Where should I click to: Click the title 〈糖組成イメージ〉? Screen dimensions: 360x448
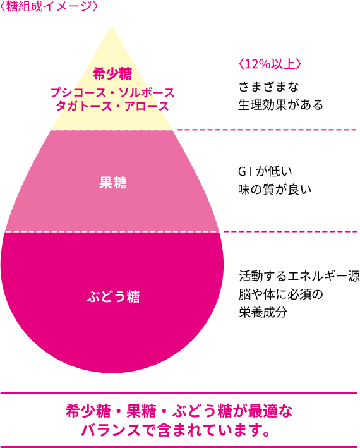click(x=49, y=7)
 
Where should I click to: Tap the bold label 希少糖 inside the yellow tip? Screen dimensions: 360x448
click(x=112, y=74)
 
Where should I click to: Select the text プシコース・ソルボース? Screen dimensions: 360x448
click(x=112, y=93)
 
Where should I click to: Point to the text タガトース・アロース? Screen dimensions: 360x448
click(x=112, y=106)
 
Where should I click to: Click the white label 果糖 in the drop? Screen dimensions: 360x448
click(x=113, y=182)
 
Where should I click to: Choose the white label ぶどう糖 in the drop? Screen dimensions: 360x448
click(x=113, y=296)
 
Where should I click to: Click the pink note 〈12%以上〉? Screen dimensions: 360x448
click(x=270, y=64)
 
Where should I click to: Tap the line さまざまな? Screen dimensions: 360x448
click(x=268, y=87)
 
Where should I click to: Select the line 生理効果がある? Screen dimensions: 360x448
click(x=280, y=105)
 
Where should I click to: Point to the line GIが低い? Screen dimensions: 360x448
click(x=265, y=171)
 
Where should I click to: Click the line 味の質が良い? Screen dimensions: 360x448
click(x=275, y=190)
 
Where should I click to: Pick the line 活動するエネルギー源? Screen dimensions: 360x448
click(x=299, y=276)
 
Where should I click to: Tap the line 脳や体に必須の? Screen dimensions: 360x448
click(x=280, y=294)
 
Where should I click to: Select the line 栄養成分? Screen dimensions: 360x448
click(x=263, y=312)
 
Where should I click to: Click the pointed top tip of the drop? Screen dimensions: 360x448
click(x=112, y=27)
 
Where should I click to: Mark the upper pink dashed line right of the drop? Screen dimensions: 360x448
click(x=267, y=130)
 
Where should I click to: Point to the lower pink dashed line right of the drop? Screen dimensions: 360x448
click(x=290, y=231)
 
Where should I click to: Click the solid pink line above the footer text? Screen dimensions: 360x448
click(x=179, y=393)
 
